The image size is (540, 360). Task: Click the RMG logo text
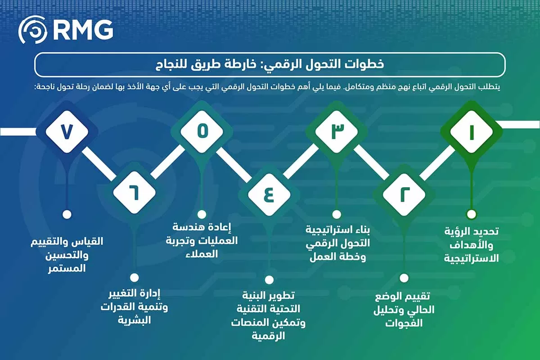82,30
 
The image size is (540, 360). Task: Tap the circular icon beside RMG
33,30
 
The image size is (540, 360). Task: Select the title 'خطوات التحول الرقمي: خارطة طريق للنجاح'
270,64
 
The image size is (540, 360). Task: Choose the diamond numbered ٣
336,132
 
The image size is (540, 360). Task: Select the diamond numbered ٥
202,132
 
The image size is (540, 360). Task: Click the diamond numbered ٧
67,132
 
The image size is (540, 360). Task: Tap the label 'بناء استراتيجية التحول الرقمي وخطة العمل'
336,243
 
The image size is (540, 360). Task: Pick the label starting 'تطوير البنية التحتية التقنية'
269,315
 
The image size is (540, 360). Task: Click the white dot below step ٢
404,278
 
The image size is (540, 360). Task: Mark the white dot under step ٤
269,279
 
